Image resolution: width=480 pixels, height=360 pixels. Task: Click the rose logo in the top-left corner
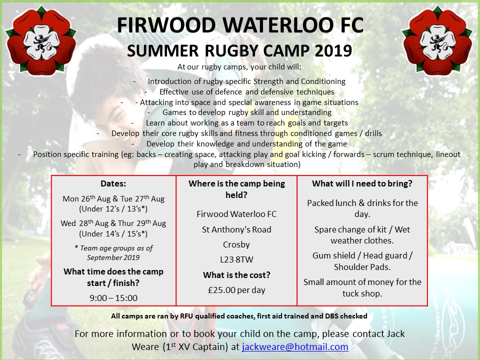40,40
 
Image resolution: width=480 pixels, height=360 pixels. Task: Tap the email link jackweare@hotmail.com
295,346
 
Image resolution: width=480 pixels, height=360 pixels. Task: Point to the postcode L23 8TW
236,260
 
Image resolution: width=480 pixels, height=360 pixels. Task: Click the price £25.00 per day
236,290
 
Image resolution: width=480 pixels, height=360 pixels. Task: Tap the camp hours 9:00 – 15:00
113,298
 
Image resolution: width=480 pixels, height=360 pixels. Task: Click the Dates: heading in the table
113,183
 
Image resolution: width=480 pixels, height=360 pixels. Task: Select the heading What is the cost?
236,275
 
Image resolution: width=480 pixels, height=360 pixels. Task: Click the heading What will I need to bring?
362,183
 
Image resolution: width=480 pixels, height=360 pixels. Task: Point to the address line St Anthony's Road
236,229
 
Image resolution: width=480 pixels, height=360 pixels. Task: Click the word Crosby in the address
236,245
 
